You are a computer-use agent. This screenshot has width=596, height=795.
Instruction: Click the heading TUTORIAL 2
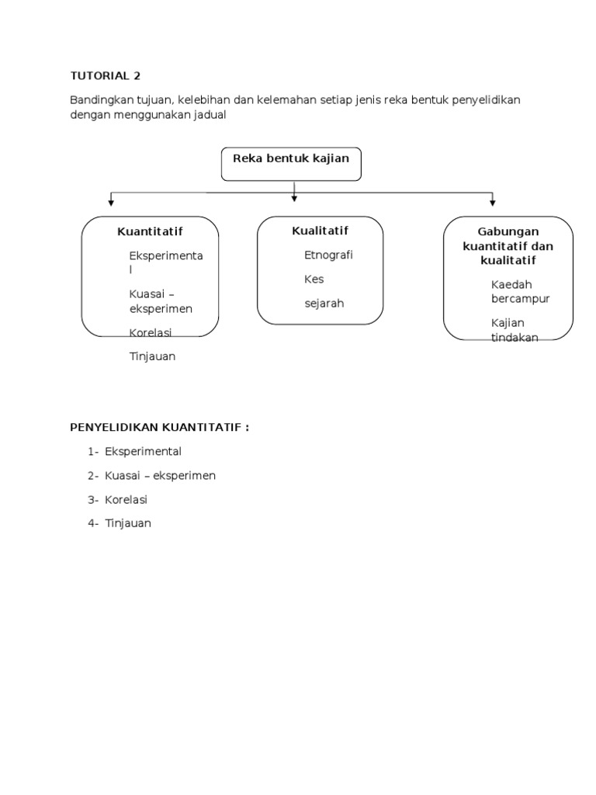tap(106, 76)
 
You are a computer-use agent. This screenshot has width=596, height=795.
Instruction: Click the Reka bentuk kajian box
tap(291, 163)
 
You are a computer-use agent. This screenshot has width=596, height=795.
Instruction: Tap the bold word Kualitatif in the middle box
tap(320, 231)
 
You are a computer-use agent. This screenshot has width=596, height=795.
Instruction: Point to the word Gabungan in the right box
tap(508, 231)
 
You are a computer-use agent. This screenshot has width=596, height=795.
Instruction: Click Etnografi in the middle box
tap(328, 255)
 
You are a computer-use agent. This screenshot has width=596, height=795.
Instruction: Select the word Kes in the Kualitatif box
tap(314, 279)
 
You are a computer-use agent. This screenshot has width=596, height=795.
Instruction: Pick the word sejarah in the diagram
tap(324, 303)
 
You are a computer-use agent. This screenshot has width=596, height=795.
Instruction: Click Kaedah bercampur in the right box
tap(520, 291)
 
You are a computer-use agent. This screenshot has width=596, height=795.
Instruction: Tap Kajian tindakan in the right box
tap(515, 329)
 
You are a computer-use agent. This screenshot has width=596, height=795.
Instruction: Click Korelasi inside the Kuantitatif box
tap(151, 332)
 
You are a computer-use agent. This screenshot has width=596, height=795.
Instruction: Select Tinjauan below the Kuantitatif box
tap(152, 356)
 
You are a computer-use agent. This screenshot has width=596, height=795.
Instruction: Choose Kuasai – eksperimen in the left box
tap(161, 300)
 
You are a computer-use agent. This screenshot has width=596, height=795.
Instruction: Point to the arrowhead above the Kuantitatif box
tap(111, 203)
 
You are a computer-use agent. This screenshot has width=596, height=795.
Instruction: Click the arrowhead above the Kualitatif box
tap(294, 198)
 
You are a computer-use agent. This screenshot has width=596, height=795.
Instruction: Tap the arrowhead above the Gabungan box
tap(492, 203)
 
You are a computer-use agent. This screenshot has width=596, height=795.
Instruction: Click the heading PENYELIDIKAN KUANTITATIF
tap(159, 427)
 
